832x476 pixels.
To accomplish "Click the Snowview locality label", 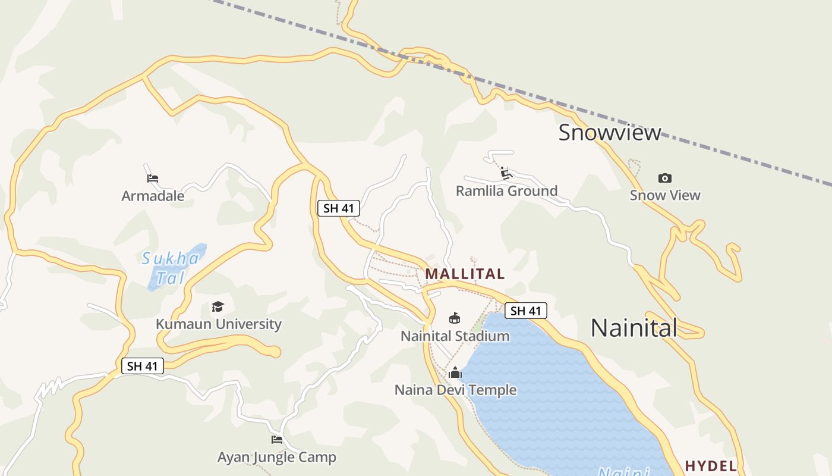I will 609,132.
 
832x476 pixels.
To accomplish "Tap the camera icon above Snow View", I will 665,178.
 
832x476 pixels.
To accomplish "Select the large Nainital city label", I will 634,328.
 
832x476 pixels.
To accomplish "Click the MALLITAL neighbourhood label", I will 465,274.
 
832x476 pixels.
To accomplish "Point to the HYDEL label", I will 711,465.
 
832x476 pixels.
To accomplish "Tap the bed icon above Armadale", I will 153,178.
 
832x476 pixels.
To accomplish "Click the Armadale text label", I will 153,196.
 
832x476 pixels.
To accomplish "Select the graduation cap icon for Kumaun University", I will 218,307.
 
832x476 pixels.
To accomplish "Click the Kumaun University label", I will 218,324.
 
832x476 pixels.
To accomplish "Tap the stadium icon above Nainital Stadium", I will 455,318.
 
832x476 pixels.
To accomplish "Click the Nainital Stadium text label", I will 455,336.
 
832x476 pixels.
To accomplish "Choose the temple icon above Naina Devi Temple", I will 455,373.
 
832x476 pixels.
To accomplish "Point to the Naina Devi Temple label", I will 455,390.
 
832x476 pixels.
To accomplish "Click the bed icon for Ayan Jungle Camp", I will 277,440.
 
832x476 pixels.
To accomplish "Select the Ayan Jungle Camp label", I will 277,458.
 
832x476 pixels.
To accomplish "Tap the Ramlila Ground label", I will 506,191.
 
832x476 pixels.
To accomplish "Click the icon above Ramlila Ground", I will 506,173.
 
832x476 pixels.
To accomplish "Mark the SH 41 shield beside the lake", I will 526,311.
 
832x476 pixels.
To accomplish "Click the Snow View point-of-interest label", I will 665,195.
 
